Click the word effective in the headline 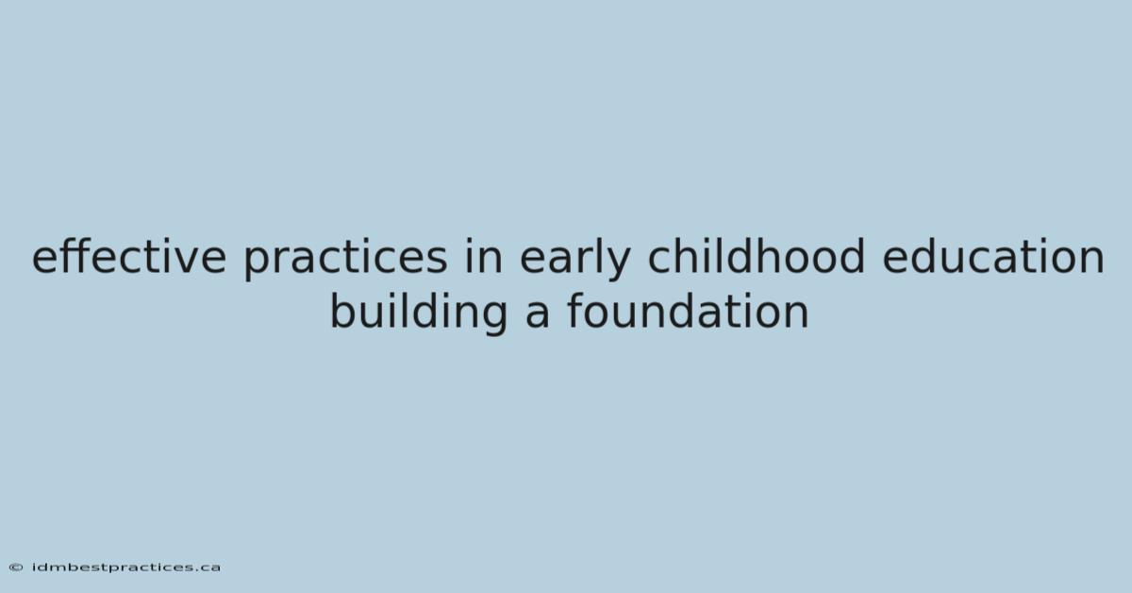coord(129,256)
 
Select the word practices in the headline coord(345,259)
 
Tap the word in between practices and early coord(484,256)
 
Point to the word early coord(575,259)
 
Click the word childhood coord(757,256)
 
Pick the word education coord(993,256)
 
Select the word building coord(419,314)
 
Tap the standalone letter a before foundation coord(537,316)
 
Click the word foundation coord(688,311)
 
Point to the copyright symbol coord(16,568)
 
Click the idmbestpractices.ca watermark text coord(126,568)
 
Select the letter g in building coord(495,320)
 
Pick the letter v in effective coord(187,263)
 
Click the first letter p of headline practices coord(257,265)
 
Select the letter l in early coord(598,256)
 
